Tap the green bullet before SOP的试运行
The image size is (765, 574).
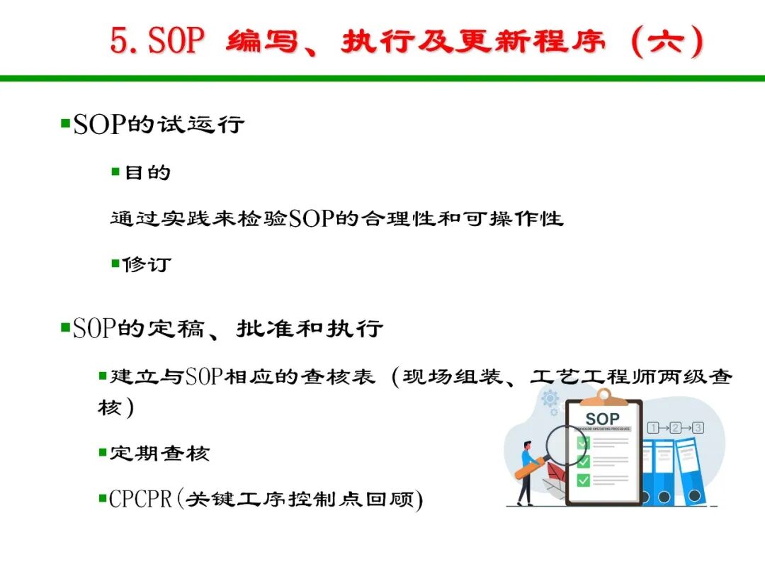tap(65, 123)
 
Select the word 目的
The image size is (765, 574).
tap(147, 172)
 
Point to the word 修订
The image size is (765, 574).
tap(147, 264)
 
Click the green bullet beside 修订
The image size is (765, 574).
tap(115, 264)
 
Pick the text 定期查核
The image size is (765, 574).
tap(159, 454)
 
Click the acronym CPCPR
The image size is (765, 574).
tap(140, 499)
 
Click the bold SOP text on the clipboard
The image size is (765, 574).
tap(603, 419)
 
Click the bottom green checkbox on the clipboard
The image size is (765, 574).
tap(584, 480)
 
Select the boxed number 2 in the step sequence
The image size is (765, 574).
tap(675, 428)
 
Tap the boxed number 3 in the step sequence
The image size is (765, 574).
tap(698, 428)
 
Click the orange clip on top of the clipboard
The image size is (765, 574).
tap(604, 398)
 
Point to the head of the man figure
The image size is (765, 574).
tap(527, 446)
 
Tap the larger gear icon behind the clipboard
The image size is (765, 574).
tap(550, 399)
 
